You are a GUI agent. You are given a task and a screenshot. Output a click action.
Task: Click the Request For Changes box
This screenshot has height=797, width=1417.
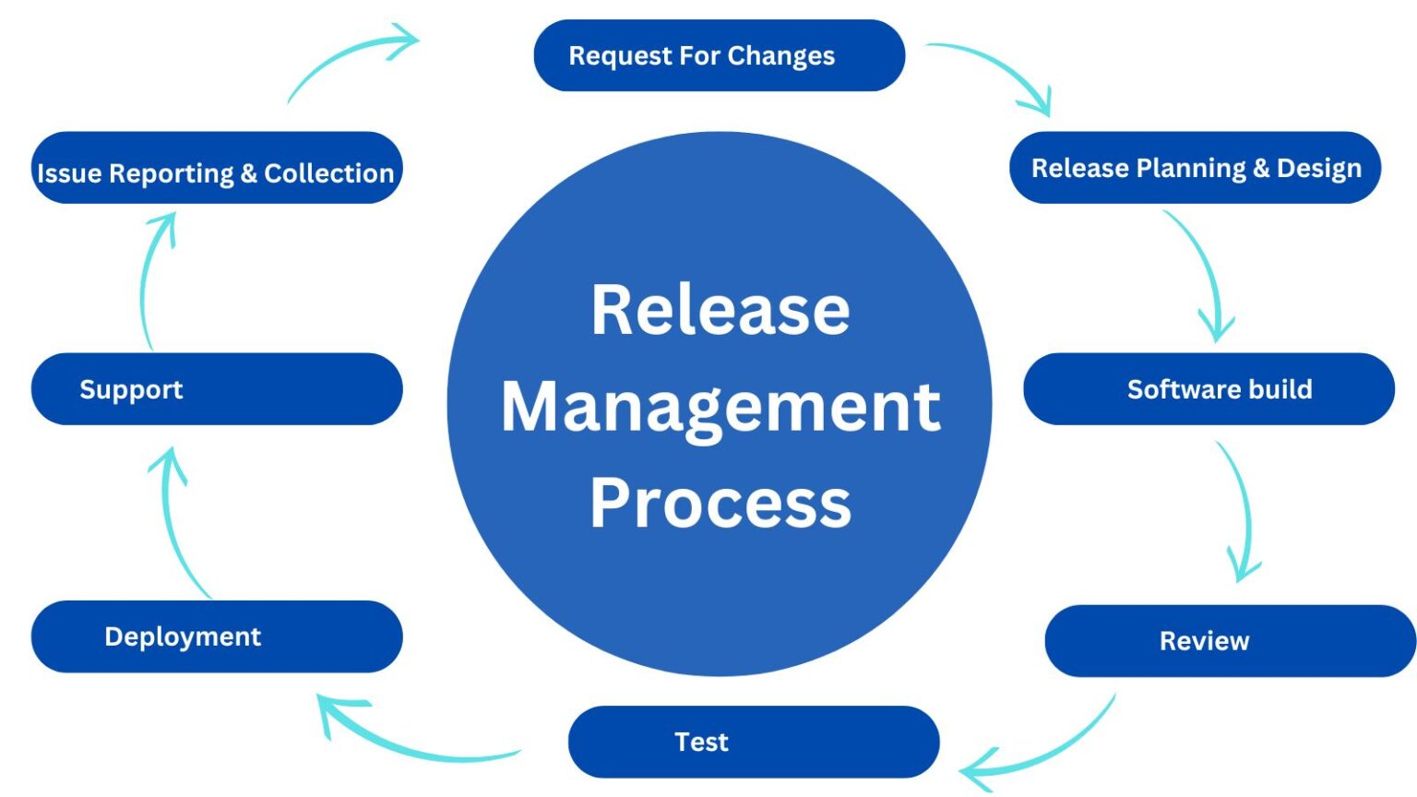719,55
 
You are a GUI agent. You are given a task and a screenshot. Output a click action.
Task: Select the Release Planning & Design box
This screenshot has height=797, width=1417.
1195,168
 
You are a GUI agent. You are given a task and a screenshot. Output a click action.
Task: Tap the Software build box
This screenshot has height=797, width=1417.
1209,389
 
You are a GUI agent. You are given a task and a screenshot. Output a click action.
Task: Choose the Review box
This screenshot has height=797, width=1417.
1230,641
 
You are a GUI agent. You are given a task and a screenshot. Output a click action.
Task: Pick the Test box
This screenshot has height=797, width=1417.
753,742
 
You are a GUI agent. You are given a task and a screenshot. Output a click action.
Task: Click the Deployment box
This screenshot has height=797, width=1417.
217,636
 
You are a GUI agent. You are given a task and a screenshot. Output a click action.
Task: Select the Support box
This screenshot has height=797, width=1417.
217,389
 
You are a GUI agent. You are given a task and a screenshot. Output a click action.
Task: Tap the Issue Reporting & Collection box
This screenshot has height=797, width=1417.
217,172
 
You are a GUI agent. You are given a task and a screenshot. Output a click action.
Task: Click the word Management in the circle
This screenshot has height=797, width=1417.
720,408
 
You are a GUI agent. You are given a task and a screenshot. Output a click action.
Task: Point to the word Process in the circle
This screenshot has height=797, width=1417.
720,504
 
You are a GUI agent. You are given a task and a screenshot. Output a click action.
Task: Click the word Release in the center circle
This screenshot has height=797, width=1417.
720,310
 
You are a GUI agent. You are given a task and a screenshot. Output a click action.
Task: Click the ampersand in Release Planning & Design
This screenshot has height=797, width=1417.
1261,168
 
